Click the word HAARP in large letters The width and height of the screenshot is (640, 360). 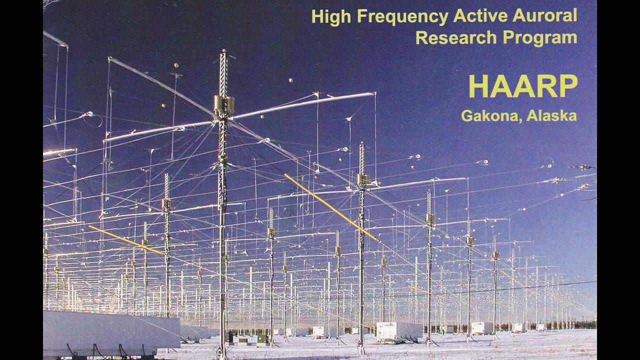[523, 86]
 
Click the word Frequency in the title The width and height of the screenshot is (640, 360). [402, 17]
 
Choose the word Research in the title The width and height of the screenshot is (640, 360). [456, 37]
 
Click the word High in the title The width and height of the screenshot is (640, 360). [331, 17]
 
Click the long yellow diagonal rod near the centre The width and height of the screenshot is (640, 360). [331, 207]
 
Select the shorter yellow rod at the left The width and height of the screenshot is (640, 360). [125, 240]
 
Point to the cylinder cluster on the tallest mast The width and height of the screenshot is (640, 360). [224, 105]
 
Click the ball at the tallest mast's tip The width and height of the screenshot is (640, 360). [224, 50]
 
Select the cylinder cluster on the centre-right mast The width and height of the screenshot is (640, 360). [363, 179]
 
